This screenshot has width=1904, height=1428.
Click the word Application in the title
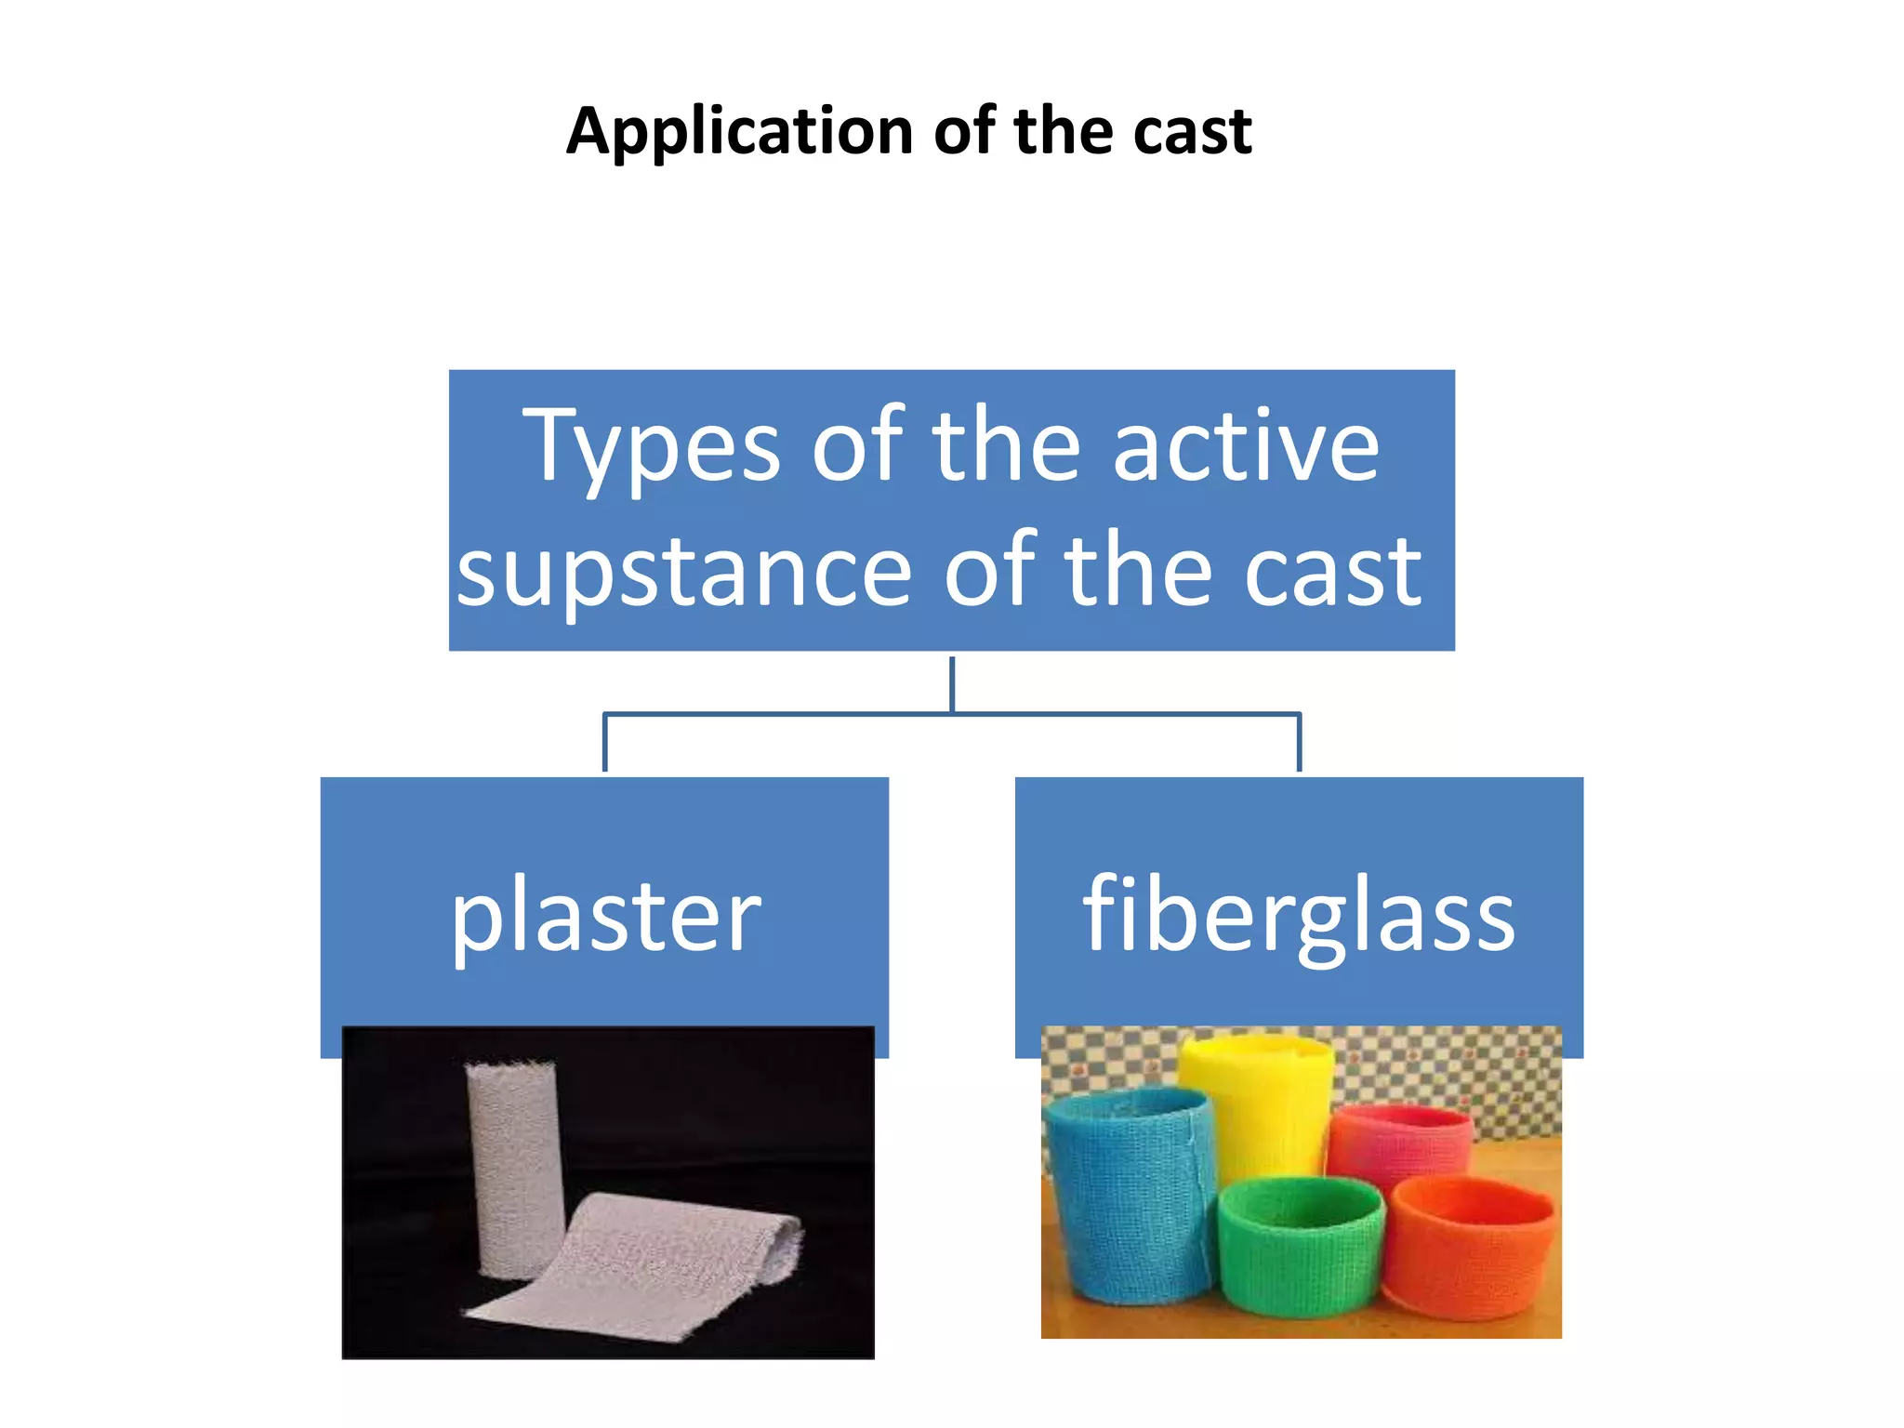tap(740, 131)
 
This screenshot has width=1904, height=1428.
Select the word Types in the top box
tap(651, 449)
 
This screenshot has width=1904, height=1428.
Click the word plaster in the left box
tap(606, 916)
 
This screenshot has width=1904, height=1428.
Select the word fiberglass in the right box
tap(1299, 916)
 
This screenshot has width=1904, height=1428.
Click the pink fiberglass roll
tap(1399, 1139)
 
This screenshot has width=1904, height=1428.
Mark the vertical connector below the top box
tap(952, 683)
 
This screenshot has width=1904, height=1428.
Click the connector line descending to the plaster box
tap(605, 744)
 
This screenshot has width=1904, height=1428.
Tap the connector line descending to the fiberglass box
tap(1299, 744)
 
